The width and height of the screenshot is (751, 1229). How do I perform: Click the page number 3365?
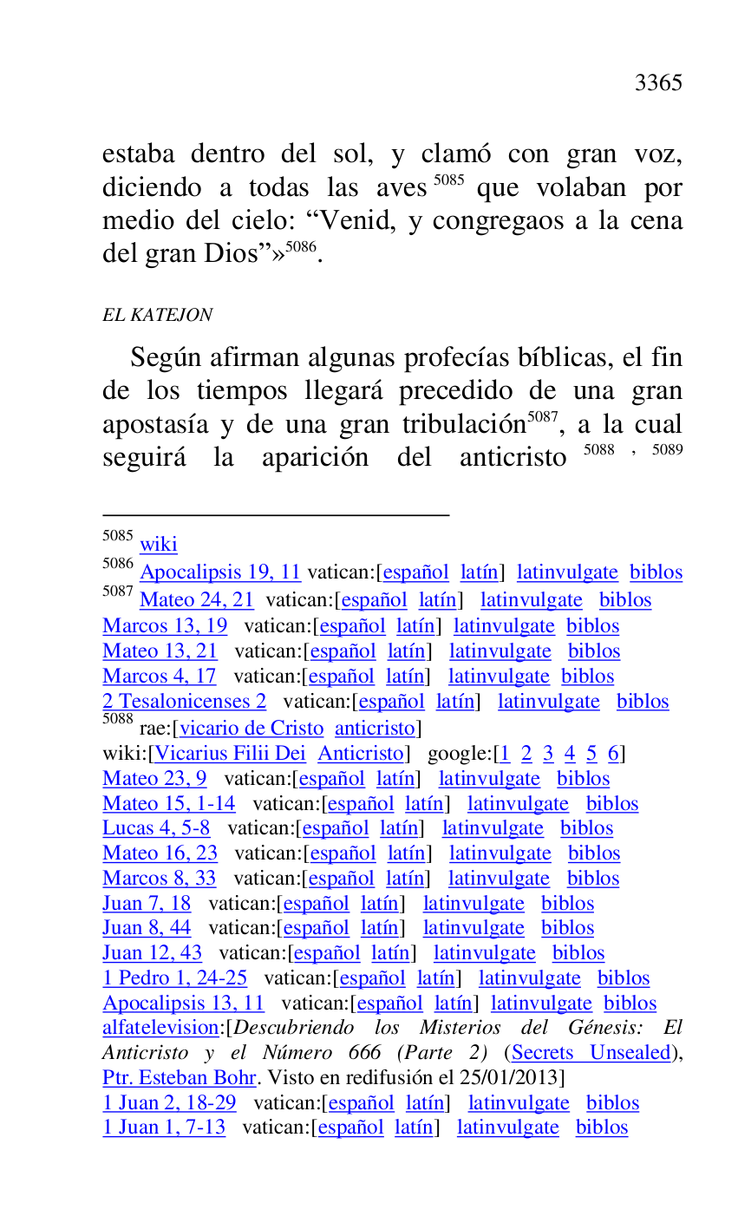658,83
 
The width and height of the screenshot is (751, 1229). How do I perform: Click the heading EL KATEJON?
157,315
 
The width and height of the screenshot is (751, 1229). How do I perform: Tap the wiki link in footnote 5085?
158,545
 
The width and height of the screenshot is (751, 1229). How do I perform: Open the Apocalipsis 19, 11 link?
219,572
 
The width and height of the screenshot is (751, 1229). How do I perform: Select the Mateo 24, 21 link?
196,600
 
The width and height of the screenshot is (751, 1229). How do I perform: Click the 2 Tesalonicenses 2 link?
184,702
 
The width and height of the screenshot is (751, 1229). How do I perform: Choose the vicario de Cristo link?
251,729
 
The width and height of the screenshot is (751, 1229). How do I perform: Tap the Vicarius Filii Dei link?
230,754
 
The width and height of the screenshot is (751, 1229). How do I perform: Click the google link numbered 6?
613,754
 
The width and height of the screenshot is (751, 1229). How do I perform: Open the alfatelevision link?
160,1028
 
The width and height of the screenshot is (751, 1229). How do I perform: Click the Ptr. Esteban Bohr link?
180,1078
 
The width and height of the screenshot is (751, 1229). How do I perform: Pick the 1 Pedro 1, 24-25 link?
174,978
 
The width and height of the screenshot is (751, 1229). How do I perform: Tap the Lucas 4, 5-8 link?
156,828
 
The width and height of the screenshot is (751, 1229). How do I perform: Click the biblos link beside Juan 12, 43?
578,953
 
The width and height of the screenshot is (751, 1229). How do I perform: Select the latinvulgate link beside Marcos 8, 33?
499,879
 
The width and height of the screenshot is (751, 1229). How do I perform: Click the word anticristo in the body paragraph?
513,458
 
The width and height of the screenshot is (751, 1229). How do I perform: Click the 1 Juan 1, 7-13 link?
164,1128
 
